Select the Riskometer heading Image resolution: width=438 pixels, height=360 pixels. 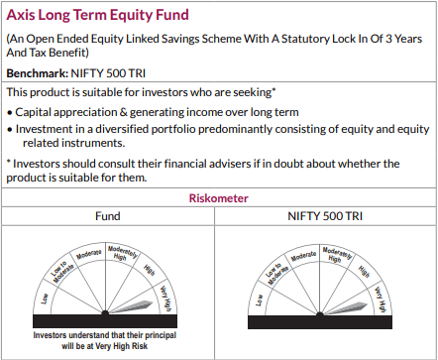coord(218,197)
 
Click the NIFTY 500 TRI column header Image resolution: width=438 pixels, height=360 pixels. coord(328,215)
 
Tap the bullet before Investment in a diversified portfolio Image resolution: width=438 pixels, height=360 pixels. coord(9,129)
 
